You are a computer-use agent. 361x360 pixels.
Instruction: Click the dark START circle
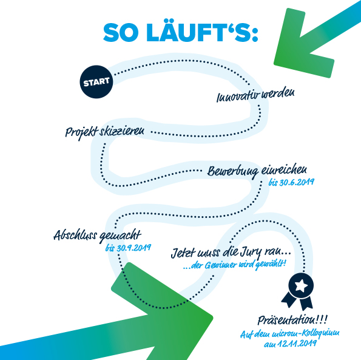point(96,82)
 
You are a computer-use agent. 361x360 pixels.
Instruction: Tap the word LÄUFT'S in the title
point(202,32)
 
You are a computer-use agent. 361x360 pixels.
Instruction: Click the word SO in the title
point(121,32)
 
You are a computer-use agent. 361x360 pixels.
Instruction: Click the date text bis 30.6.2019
point(291,182)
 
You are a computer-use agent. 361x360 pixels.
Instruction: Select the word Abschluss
point(75,235)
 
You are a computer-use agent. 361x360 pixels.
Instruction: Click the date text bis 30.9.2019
point(128,248)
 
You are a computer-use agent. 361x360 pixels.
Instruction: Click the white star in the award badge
point(302,286)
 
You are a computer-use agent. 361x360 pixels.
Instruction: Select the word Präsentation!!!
point(292,320)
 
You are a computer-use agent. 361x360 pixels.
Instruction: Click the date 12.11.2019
point(297,344)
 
